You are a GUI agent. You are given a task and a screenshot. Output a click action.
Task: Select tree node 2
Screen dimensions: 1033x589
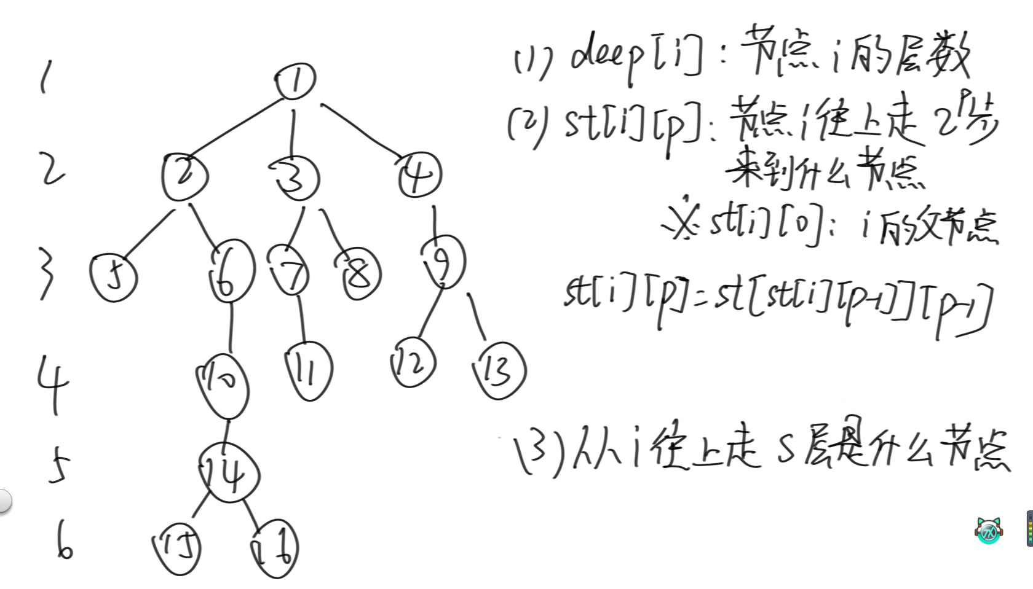pyautogui.click(x=184, y=176)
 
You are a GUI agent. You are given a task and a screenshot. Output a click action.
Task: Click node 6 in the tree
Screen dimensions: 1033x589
pyautogui.click(x=230, y=273)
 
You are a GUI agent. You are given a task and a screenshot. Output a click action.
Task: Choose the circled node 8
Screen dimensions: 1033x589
pyautogui.click(x=359, y=275)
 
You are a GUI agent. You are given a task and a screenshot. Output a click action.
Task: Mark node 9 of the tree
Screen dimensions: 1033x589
pyautogui.click(x=443, y=263)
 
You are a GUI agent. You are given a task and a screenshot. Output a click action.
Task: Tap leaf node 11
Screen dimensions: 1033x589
pyautogui.click(x=309, y=370)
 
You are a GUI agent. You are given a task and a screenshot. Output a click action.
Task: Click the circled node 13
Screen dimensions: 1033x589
pyautogui.click(x=499, y=370)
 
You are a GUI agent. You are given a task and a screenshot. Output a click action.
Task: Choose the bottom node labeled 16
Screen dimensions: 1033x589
pyautogui.click(x=275, y=548)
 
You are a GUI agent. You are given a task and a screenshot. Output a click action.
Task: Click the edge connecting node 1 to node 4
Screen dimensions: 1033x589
pyautogui.click(x=363, y=132)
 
